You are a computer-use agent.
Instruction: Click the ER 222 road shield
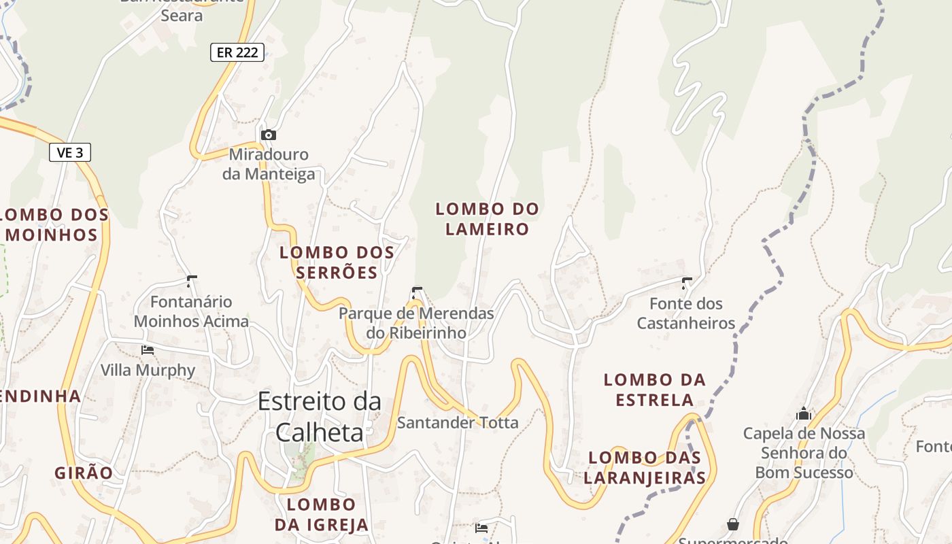coord(237,52)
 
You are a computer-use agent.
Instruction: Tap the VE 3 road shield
coord(70,152)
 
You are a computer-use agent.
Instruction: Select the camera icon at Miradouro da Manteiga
coord(269,135)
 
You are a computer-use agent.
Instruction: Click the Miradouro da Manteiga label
coord(269,165)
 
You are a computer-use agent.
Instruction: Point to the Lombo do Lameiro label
coord(487,219)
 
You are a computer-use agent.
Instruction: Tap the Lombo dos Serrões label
coord(337,262)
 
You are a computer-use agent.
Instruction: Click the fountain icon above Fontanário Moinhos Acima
coord(192,281)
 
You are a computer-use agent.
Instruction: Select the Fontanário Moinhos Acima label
coord(191,311)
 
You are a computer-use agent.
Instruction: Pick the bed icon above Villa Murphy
coord(148,350)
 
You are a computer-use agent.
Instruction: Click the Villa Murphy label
coord(148,371)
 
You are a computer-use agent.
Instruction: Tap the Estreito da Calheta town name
coord(319,416)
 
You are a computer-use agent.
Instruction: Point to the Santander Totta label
coord(457,423)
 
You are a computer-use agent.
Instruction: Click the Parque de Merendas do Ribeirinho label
coord(416,323)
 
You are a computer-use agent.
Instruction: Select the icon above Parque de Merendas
coord(416,293)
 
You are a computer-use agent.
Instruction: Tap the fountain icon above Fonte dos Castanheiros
coord(687,283)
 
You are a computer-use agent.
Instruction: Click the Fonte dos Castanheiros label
coord(686,313)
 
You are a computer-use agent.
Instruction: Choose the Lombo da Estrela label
coord(655,390)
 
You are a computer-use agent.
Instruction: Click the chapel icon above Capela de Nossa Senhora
coord(804,413)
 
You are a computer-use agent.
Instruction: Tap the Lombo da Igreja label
coord(322,515)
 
